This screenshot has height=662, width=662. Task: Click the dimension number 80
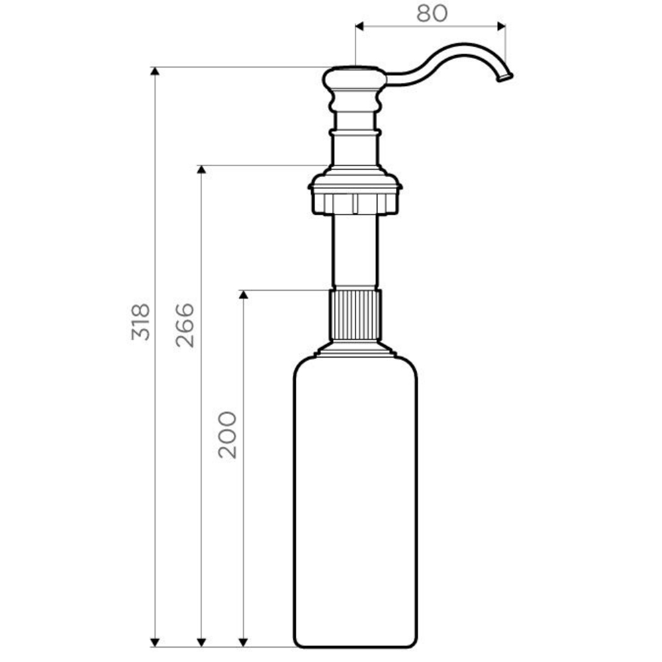[432, 13]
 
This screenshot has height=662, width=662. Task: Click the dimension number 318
[140, 322]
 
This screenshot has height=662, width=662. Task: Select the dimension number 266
[185, 325]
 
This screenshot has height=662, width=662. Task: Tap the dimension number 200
[227, 435]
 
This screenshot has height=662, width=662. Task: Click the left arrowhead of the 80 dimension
[359, 26]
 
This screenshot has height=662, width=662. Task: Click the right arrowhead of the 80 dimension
[501, 26]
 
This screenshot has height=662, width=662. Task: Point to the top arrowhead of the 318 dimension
[155, 71]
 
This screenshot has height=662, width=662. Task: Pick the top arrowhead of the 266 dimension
[201, 169]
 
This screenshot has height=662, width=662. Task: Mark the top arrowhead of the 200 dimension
[243, 295]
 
